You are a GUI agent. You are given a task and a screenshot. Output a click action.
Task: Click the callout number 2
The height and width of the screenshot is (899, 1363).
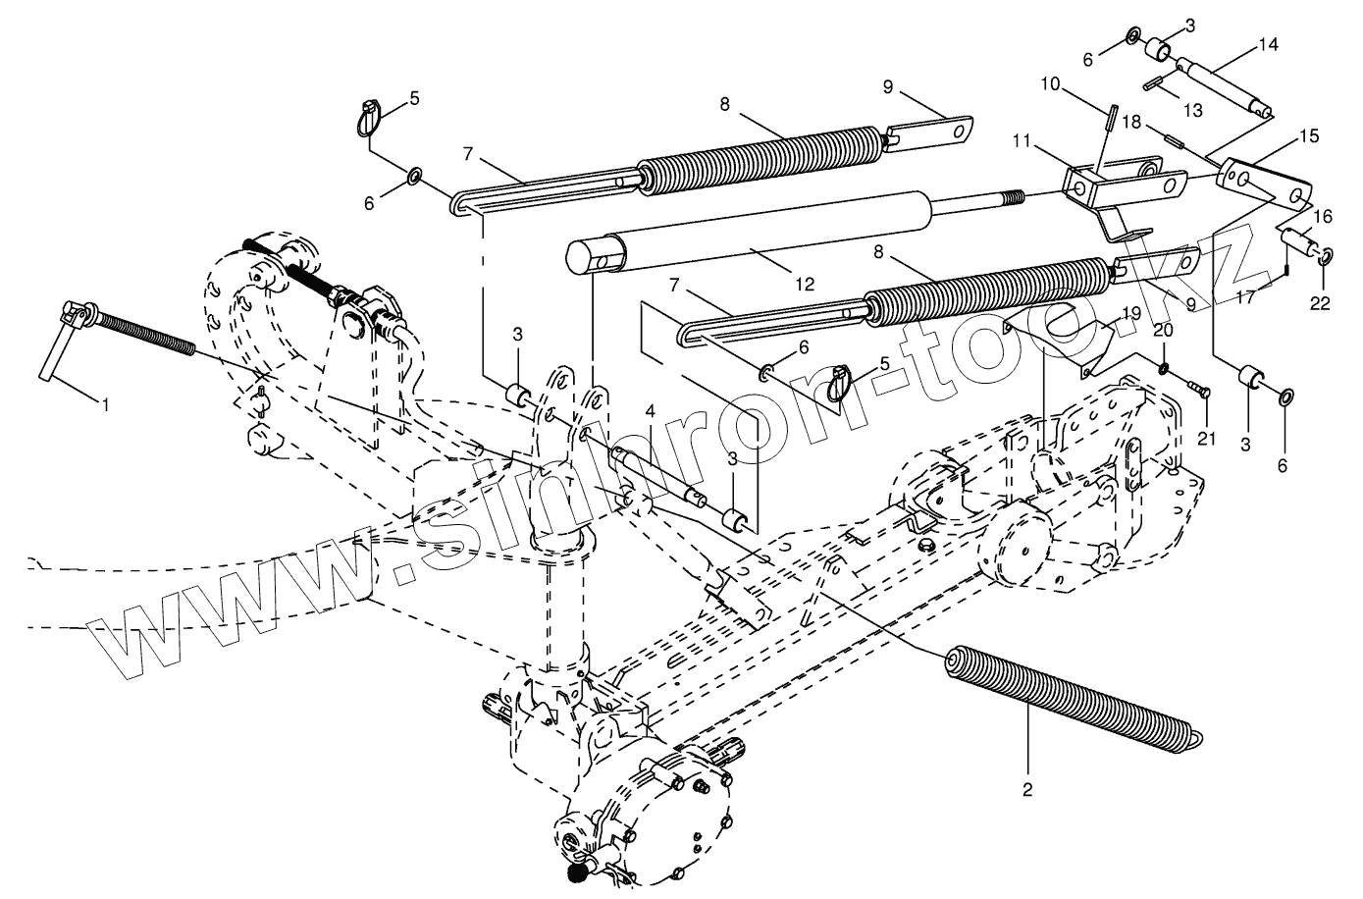tap(1028, 788)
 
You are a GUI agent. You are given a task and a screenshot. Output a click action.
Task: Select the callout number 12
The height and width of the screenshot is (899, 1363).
tap(805, 285)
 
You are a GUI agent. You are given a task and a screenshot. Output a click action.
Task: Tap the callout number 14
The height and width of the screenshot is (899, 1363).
tap(1268, 44)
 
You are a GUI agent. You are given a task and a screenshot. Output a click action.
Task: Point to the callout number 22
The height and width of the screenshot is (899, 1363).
tap(1320, 303)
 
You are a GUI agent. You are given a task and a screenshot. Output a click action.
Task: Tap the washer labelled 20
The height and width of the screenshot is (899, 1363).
tap(1161, 369)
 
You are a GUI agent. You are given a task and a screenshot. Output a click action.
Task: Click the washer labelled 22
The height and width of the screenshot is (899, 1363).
tap(1324, 257)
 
